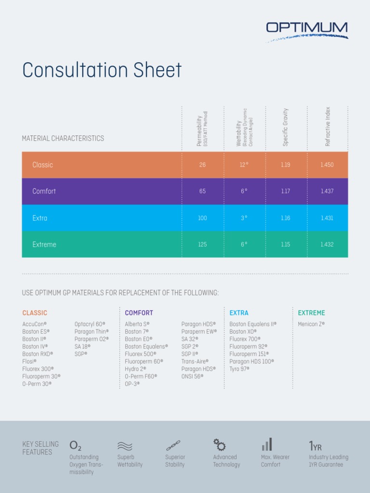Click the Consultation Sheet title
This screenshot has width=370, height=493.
[x=102, y=70]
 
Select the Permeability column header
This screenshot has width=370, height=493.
[x=202, y=129]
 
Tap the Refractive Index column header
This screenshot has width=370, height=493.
[x=328, y=127]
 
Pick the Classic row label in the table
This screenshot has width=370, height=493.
[x=42, y=165]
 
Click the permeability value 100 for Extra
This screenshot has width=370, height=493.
[x=202, y=218]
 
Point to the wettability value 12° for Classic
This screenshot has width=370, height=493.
[x=244, y=165]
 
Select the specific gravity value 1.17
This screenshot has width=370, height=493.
[x=285, y=191]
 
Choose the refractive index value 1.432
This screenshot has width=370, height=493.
[x=327, y=245]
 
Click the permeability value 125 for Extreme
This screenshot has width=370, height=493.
[x=202, y=245]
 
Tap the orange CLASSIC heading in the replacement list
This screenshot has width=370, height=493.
[x=35, y=313]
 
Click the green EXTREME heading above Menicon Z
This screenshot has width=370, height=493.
[x=311, y=313]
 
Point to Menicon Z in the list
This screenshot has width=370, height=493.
[x=311, y=324]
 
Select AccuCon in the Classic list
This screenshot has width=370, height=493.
[x=34, y=324]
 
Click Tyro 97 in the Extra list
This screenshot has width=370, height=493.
[x=239, y=369]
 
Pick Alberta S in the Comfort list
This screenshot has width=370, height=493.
[x=137, y=324]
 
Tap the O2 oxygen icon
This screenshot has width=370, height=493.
[x=76, y=445]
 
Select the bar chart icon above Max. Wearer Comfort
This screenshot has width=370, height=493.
[x=267, y=444]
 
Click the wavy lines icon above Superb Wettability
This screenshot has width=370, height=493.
[x=125, y=446]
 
